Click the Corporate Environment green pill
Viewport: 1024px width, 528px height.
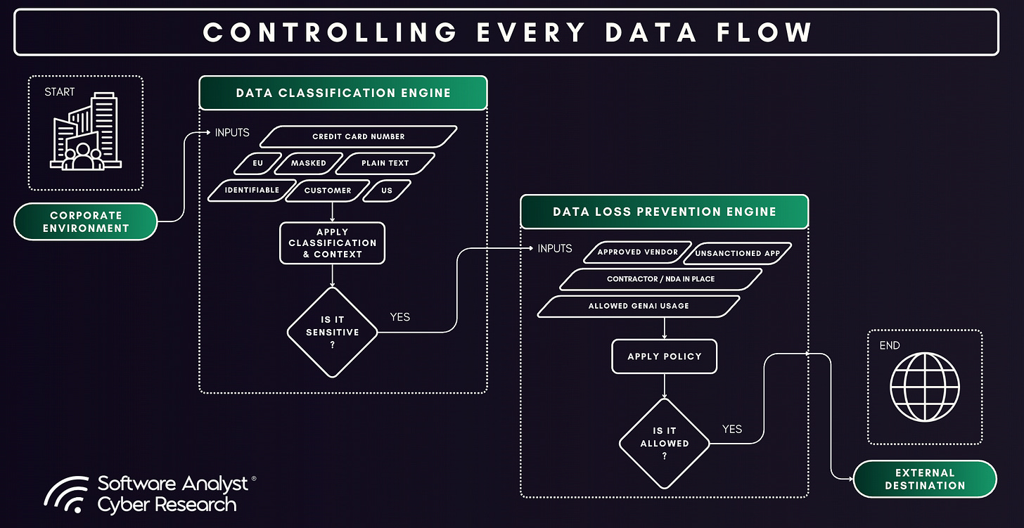pos(86,221)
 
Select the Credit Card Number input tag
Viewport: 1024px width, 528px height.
pos(359,136)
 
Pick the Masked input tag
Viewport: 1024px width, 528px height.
pos(308,163)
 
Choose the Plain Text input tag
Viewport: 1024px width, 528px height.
pos(385,163)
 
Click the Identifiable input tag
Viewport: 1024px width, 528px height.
pos(252,190)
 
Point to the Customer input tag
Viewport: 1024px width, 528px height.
pos(328,191)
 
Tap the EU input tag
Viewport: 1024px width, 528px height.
pos(258,163)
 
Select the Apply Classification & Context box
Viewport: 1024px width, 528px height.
pos(332,243)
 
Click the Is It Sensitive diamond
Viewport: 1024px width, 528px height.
pos(332,332)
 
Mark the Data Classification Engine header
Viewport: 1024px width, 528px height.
pos(343,93)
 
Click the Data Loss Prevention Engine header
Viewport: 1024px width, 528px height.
pos(664,212)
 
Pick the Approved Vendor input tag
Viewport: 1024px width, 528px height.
pos(637,252)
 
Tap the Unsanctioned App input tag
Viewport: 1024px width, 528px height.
pos(737,253)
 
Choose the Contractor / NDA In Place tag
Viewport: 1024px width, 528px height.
pos(660,279)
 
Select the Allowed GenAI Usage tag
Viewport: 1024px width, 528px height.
pos(639,306)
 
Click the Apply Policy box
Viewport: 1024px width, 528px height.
pos(665,356)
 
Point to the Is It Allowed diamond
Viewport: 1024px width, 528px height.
pos(665,444)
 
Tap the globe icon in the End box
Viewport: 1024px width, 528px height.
pos(924,387)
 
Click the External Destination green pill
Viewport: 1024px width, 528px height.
pos(925,479)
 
